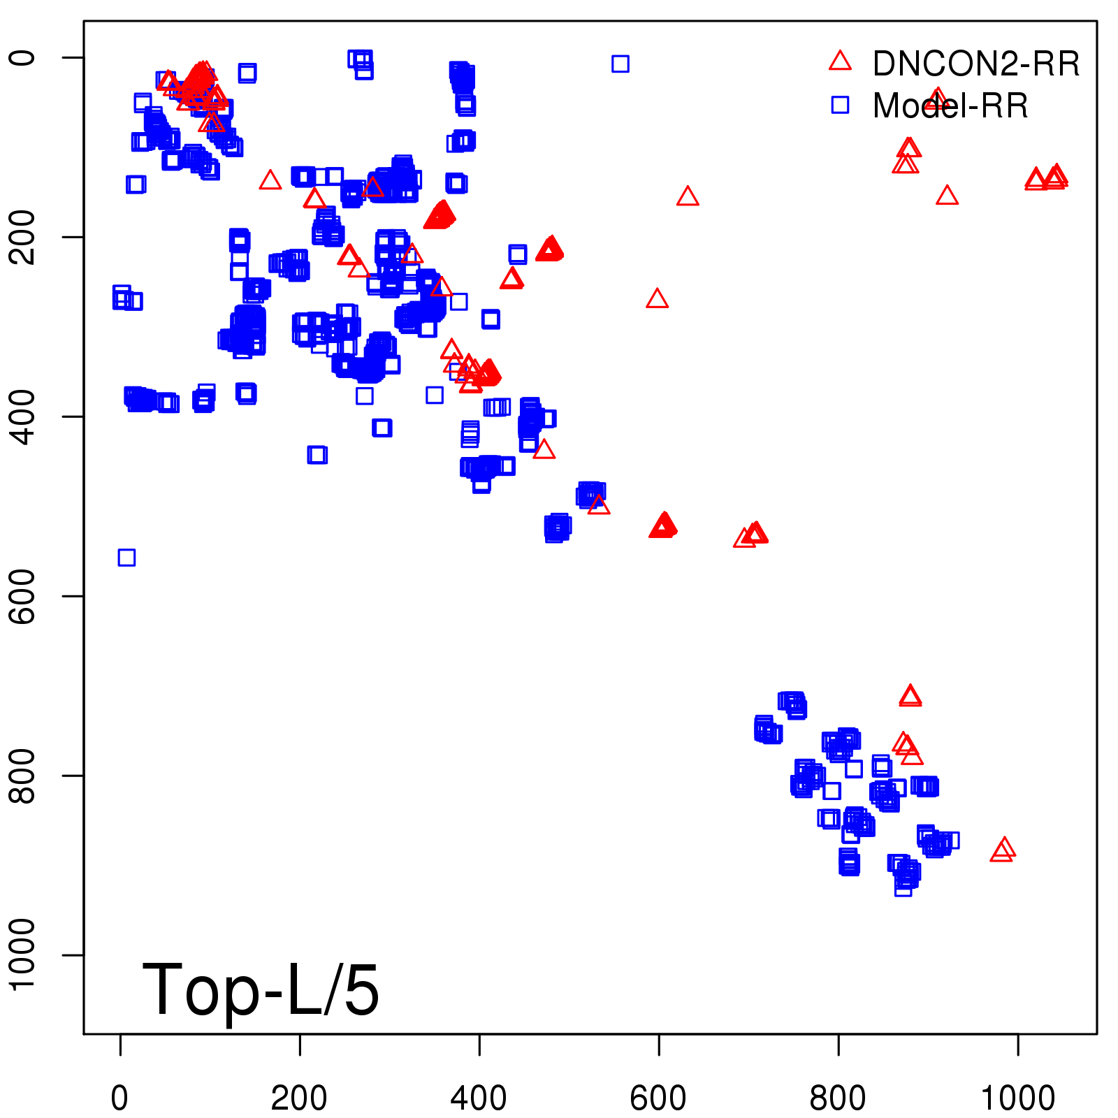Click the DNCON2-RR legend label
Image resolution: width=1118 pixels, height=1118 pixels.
975,64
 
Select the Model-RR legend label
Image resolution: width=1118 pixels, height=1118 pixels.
950,106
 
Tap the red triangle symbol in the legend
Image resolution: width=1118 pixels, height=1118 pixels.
840,61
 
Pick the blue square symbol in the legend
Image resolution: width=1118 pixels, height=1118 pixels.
840,105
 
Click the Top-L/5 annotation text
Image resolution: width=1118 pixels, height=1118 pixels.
261,989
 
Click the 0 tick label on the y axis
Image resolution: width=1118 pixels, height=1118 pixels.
22,57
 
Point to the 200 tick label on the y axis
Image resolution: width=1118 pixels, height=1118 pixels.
22,237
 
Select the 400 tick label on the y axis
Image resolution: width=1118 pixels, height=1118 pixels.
22,416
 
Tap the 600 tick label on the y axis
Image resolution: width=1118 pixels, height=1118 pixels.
22,596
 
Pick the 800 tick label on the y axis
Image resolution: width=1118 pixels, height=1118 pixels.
22,776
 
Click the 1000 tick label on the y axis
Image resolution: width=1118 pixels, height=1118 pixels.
22,954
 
